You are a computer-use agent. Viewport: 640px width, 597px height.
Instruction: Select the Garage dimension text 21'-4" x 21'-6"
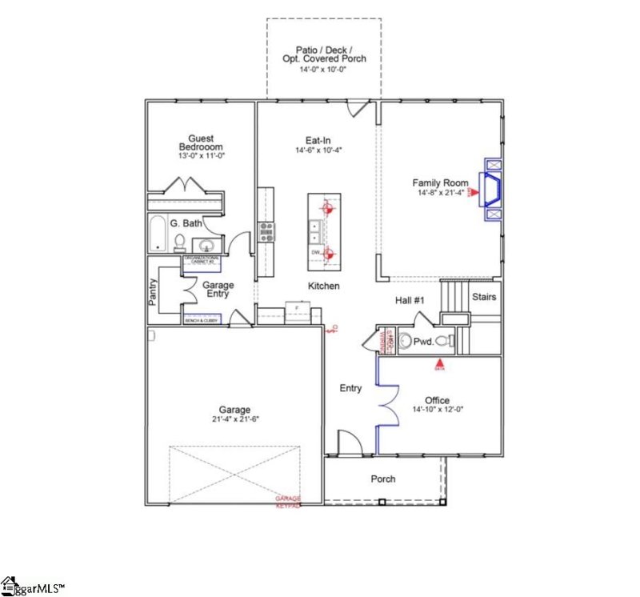click(x=236, y=419)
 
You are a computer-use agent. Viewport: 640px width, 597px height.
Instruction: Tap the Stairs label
click(x=484, y=297)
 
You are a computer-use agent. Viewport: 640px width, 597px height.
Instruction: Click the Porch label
click(x=383, y=479)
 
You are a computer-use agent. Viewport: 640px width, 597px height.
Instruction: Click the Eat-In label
click(x=318, y=139)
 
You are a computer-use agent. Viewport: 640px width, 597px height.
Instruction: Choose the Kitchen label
click(x=324, y=286)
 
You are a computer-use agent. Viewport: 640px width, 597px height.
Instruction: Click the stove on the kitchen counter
click(x=266, y=231)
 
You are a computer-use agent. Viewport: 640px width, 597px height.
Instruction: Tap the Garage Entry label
click(x=218, y=289)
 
